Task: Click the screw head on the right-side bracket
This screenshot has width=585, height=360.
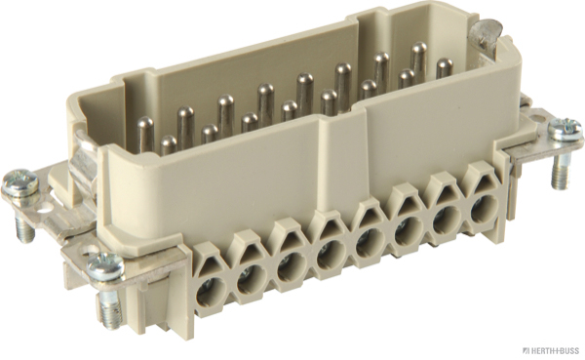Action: [x=565, y=129]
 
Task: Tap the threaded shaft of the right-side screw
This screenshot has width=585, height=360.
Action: [x=563, y=175]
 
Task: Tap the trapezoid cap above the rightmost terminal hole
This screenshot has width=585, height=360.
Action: [x=476, y=179]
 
